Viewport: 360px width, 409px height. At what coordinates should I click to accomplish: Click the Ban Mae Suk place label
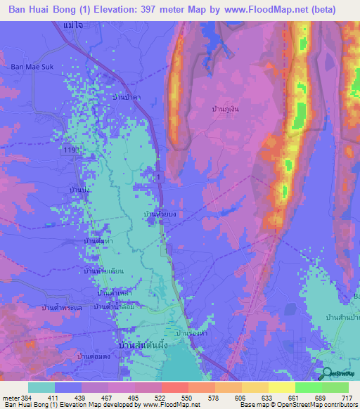[29, 67]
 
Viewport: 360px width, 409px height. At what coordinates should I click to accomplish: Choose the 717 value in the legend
[346, 398]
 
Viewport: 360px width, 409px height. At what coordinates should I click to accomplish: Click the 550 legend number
[188, 398]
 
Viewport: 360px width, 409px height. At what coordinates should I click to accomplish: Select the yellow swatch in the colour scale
[281, 387]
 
